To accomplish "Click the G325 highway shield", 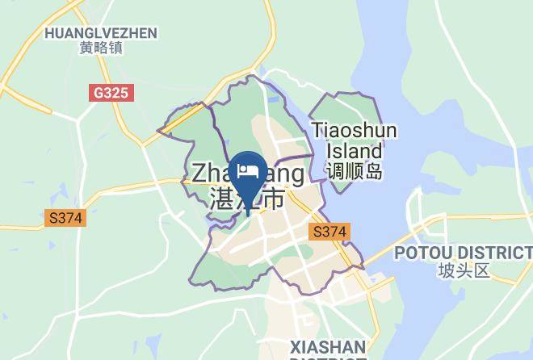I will pos(111,93).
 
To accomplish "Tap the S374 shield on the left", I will pos(65,217).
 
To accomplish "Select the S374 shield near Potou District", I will pos(329,232).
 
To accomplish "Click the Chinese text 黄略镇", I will pos(101,48).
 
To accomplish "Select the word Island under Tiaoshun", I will pos(355,151).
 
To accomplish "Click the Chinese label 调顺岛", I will pos(355,171).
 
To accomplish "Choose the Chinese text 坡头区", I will pos(464,270).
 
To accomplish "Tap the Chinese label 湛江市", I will pos(246,199).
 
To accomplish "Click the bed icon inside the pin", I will pos(247,170).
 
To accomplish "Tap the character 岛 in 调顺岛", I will pos(372,171).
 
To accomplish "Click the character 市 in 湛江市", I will pos(274,199).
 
